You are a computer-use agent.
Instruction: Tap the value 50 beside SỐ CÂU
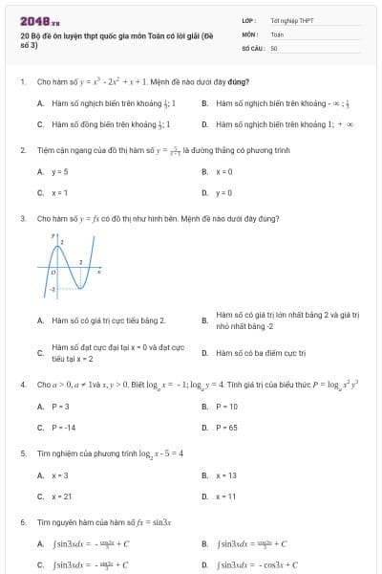(x=274, y=47)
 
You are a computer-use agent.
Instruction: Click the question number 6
(x=22, y=522)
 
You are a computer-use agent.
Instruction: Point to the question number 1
(x=22, y=83)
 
